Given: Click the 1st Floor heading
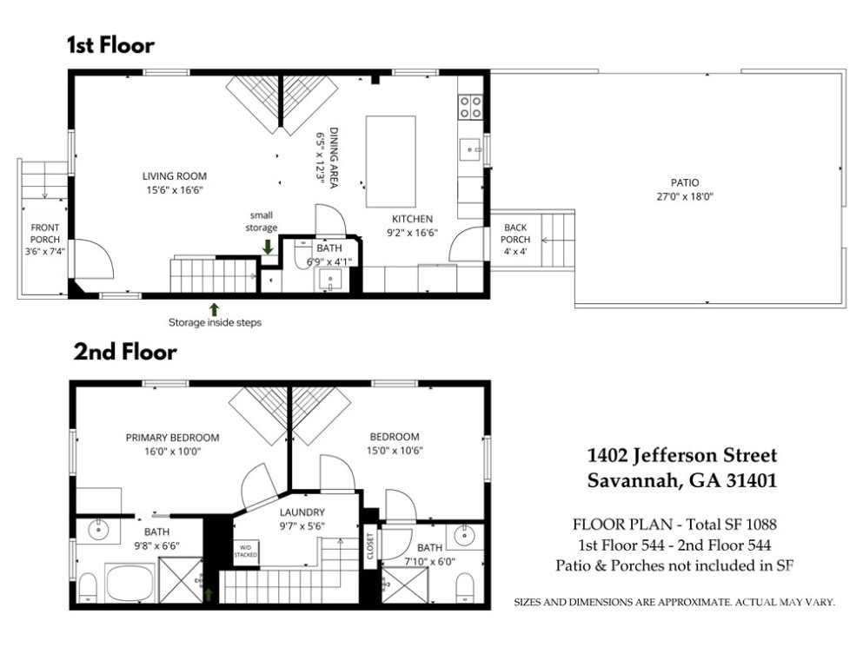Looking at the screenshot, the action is coord(110,45).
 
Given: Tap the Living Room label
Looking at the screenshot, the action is coord(175,176).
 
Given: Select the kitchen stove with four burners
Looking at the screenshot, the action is coord(470,107).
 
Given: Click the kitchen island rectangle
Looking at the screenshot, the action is coord(391,162).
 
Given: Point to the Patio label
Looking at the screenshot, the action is coord(685,182).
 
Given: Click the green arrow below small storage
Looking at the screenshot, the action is coord(268,247).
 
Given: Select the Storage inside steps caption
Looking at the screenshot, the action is coord(215,323).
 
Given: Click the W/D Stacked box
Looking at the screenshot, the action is coord(245,552).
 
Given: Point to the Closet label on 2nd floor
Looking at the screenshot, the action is coord(370,545).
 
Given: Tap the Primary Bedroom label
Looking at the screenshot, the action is coord(172,438).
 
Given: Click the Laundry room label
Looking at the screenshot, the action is coord(302,512).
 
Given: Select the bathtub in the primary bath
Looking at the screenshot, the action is coord(130,583).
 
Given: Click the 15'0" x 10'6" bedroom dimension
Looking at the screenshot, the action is coord(395,451).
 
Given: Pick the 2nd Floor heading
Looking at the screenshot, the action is coord(125,352).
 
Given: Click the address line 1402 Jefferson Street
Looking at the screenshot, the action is coord(682,455).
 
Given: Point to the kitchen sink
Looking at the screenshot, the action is coord(470,149).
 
